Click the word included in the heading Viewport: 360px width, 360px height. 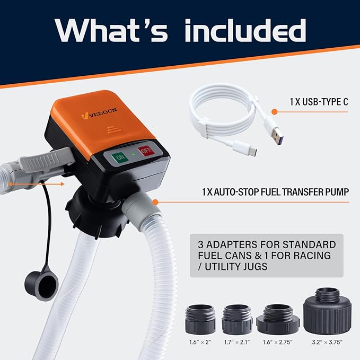tap(245, 31)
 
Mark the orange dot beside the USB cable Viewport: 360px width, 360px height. tap(275, 112)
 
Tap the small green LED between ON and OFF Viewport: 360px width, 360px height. tap(133, 153)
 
